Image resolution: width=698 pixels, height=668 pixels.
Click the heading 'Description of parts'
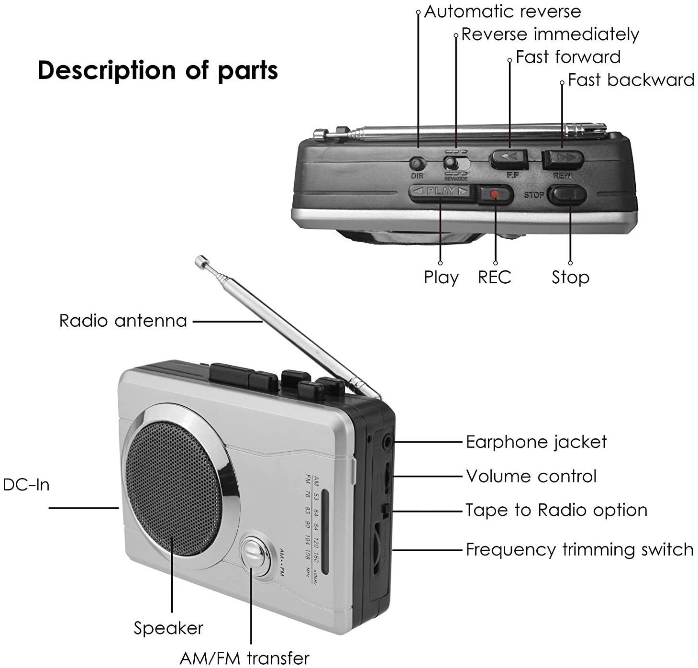click(x=157, y=70)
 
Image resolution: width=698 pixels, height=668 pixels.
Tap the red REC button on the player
click(x=495, y=194)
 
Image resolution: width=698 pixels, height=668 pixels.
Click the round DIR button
click(x=417, y=164)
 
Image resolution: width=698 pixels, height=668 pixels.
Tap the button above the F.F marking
click(x=508, y=157)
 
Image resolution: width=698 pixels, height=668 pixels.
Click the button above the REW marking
click(x=563, y=158)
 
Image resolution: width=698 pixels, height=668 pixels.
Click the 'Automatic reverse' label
click(x=502, y=11)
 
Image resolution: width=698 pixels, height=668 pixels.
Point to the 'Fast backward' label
click(x=631, y=80)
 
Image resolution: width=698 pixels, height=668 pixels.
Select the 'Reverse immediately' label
click(x=550, y=34)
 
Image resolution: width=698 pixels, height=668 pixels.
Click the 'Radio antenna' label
click(x=123, y=321)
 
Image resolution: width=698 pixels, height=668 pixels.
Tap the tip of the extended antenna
click(x=199, y=260)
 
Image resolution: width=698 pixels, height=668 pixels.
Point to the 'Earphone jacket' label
click(x=536, y=442)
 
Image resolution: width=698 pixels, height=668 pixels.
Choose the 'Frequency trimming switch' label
click(x=579, y=549)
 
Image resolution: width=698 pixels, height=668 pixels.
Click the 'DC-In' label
click(x=26, y=485)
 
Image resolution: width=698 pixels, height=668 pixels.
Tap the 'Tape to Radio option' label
click(x=556, y=510)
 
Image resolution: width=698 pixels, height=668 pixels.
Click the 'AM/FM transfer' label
click(x=244, y=658)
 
